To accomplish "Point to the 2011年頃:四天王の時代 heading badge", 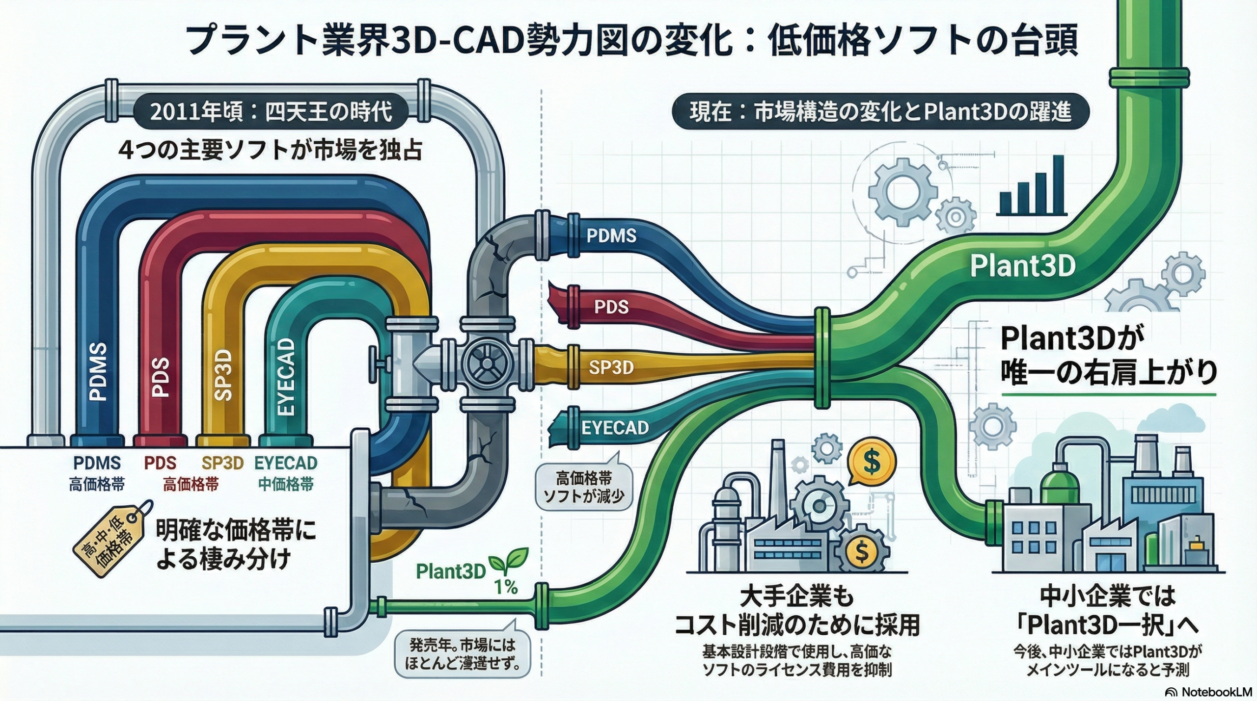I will pyautogui.click(x=271, y=112).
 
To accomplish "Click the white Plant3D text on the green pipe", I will pyautogui.click(x=1023, y=266).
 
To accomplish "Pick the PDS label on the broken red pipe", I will pyautogui.click(x=611, y=307).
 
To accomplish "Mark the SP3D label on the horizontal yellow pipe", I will pyautogui.click(x=611, y=367).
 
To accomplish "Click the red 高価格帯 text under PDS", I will pyautogui.click(x=191, y=485).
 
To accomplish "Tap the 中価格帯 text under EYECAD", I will pyautogui.click(x=286, y=485).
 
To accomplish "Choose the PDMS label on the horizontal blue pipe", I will pyautogui.click(x=611, y=236).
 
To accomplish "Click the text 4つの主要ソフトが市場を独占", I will pyautogui.click(x=271, y=150).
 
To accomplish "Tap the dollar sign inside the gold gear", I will pyautogui.click(x=861, y=550).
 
